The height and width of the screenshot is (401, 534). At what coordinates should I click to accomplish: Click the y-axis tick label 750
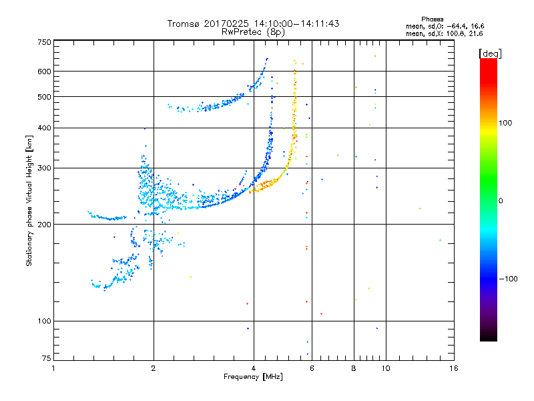click(x=44, y=42)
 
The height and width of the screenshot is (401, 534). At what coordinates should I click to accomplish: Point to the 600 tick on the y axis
click(x=44, y=72)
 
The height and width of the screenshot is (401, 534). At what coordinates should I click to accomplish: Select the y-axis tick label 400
click(x=44, y=128)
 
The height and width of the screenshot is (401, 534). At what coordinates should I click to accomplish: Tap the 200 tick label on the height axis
click(x=44, y=225)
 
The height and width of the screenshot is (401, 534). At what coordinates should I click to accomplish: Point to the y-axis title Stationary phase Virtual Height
click(x=29, y=200)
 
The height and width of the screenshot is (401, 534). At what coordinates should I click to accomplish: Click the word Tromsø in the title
click(x=184, y=23)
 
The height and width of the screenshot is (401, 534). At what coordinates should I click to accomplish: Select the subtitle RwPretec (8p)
click(x=253, y=31)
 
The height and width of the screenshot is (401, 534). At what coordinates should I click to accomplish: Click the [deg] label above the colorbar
click(x=490, y=53)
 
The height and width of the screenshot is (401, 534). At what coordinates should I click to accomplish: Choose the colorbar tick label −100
click(x=509, y=279)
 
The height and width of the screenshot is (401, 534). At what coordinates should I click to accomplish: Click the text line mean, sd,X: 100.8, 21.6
click(x=444, y=33)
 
